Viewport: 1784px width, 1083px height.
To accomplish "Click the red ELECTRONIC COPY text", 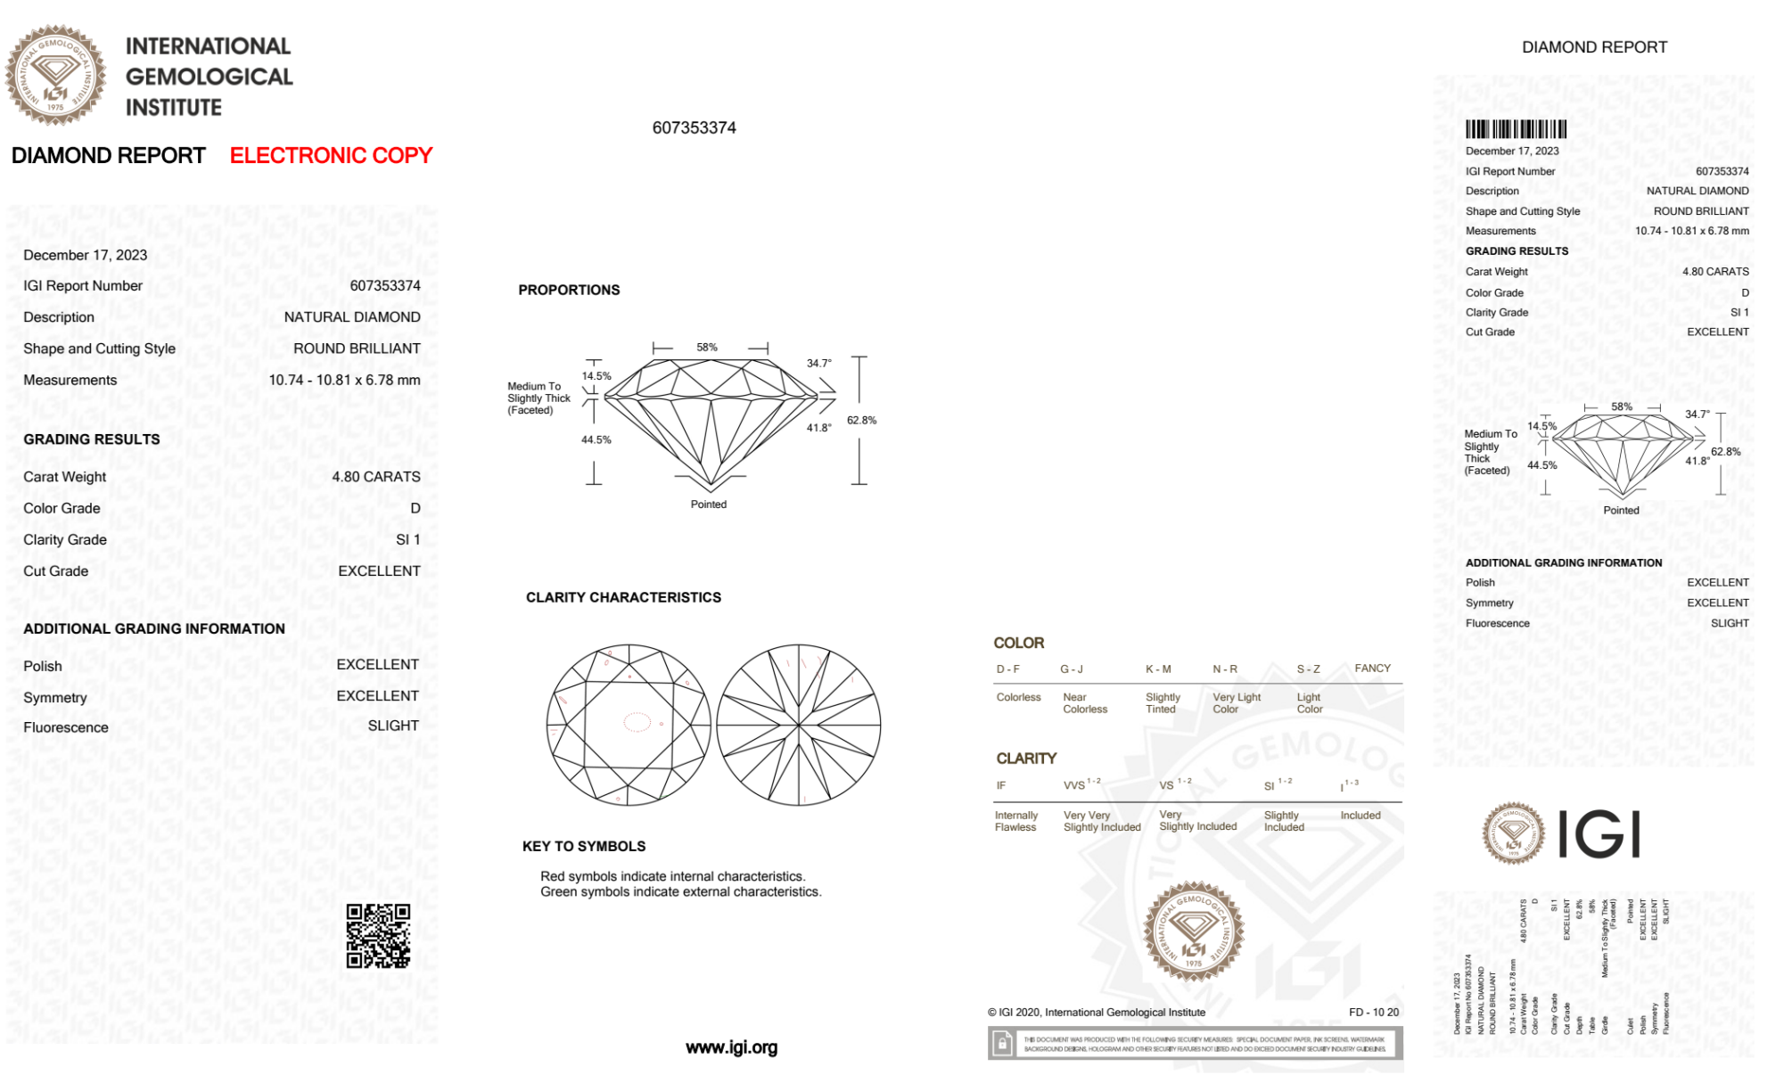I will [x=331, y=156].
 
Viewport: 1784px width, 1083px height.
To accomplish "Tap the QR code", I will [x=378, y=936].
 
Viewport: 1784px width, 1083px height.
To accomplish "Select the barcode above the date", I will [x=1516, y=129].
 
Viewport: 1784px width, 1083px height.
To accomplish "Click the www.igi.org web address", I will [x=731, y=1048].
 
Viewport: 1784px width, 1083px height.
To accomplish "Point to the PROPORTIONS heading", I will [x=569, y=291].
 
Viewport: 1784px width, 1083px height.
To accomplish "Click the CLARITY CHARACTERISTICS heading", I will [x=623, y=598].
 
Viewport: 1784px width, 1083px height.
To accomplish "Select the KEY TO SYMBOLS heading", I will [x=584, y=847].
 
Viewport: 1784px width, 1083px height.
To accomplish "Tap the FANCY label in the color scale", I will [x=1372, y=669].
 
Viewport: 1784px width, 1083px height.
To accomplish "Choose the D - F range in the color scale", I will [x=1008, y=669].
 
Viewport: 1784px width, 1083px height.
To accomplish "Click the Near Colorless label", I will [x=1085, y=703].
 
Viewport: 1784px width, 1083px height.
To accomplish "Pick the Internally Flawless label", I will [x=1016, y=821].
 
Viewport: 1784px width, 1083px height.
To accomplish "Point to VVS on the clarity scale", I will [x=1075, y=785].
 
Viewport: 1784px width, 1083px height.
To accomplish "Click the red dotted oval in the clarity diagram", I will [x=637, y=722].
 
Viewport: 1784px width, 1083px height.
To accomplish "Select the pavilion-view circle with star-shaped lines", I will [x=799, y=726].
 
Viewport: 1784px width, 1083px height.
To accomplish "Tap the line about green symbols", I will [x=680, y=892].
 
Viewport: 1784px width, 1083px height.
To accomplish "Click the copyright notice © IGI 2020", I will [x=1097, y=1013].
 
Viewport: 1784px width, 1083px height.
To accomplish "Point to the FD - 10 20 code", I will [x=1373, y=1013].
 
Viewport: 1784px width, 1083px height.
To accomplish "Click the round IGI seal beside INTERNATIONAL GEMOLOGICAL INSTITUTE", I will [x=55, y=75].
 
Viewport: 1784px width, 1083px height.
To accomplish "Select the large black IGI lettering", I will [x=1599, y=834].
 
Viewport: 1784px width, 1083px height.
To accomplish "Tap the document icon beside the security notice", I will [x=1002, y=1044].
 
